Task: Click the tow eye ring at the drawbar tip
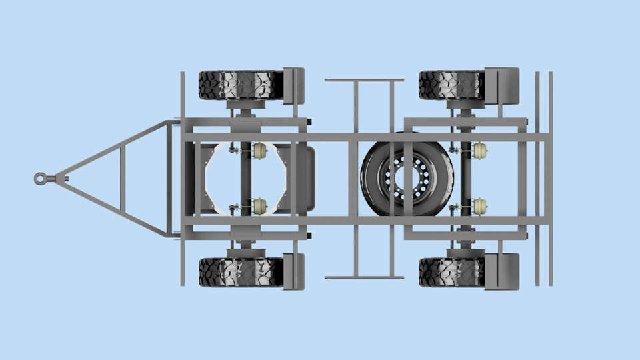(x=41, y=178)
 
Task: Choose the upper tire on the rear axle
(x=451, y=85)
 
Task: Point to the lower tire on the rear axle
(x=451, y=272)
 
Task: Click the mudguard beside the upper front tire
(x=294, y=85)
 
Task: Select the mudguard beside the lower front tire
(x=294, y=271)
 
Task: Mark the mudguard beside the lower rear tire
(x=501, y=271)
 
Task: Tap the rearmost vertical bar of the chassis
(x=551, y=178)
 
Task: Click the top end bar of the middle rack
(x=364, y=81)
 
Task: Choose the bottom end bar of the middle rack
(x=364, y=277)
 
